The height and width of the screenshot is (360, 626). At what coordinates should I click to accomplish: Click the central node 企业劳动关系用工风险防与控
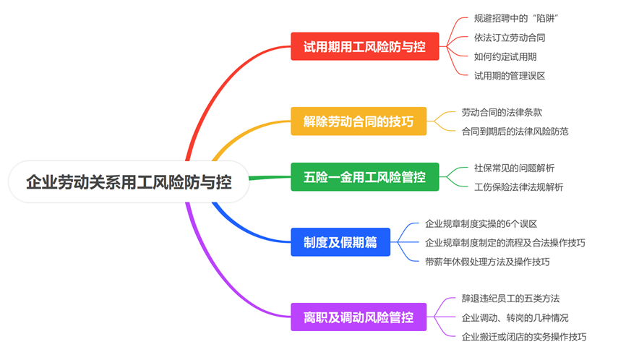(x=129, y=182)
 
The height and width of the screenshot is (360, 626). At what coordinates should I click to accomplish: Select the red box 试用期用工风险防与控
(x=365, y=46)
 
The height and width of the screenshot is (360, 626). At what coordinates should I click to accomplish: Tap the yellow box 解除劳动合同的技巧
(x=359, y=121)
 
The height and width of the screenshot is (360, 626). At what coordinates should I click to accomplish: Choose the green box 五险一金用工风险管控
(x=365, y=177)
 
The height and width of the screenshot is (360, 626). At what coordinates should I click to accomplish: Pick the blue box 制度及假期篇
(x=340, y=242)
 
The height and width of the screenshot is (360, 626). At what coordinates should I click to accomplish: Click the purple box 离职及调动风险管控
(x=359, y=317)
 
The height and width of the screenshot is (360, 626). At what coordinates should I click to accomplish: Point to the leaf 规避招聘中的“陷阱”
(x=516, y=18)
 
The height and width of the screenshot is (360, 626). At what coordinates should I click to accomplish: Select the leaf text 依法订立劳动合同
(x=510, y=38)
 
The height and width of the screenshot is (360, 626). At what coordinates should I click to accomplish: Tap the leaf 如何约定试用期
(x=505, y=56)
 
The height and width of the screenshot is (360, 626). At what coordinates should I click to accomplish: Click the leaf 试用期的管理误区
(x=510, y=76)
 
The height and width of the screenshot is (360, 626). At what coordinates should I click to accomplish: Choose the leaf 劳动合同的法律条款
(x=502, y=113)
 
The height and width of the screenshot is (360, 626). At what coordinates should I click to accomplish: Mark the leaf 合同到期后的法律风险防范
(x=515, y=132)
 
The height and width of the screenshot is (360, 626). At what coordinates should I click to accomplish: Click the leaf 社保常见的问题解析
(x=514, y=168)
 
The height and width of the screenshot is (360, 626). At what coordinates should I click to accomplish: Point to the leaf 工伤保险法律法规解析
(x=518, y=187)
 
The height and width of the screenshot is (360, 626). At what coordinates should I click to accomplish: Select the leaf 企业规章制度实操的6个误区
(x=481, y=223)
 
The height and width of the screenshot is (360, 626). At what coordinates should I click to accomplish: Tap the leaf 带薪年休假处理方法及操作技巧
(x=487, y=262)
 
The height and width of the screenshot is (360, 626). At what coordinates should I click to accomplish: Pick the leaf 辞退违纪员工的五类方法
(x=510, y=299)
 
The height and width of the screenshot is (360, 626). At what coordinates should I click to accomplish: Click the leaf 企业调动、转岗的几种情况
(x=515, y=317)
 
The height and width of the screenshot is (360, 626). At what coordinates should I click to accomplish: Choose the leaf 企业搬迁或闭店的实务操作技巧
(x=524, y=337)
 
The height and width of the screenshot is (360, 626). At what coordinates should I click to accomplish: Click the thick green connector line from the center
(x=270, y=177)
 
